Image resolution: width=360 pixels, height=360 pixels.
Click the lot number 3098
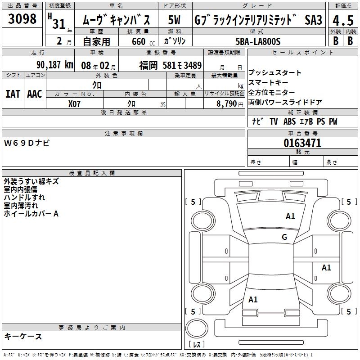point(22,18)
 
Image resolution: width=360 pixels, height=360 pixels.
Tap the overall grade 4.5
point(343,20)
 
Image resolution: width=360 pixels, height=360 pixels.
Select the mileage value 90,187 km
point(55,65)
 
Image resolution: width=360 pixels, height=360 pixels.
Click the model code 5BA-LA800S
point(258,41)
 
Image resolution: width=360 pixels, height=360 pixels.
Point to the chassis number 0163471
point(302,143)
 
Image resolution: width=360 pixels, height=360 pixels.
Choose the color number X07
point(74,104)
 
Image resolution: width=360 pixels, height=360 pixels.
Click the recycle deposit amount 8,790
point(227,103)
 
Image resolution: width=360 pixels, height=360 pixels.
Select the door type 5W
point(174,20)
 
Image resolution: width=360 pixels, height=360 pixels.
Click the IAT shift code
point(13,94)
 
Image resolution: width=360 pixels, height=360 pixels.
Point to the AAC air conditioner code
point(35,94)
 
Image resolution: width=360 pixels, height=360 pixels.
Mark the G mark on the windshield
point(284,237)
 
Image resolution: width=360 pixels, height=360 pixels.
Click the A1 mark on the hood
point(290,216)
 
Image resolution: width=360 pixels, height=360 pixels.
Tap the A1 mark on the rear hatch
point(253,300)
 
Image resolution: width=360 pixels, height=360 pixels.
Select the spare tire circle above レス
point(197,328)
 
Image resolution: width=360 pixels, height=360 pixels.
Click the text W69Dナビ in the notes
point(27,143)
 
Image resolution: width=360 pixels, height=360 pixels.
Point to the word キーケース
point(23,337)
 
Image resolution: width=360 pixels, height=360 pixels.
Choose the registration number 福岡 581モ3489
point(171,65)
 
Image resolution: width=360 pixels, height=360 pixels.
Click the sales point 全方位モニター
point(272,92)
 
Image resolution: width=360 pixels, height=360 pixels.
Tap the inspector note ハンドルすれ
point(24,198)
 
